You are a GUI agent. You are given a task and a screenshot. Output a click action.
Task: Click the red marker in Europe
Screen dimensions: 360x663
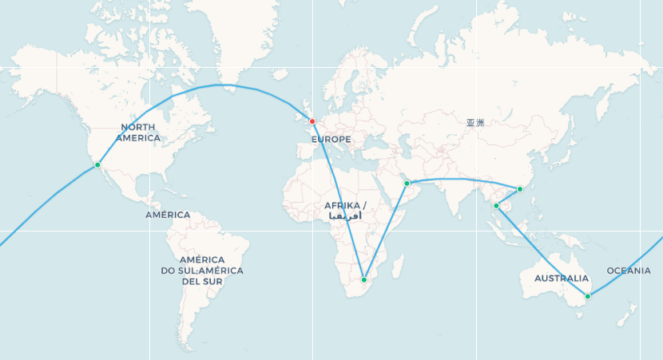pos(312,121)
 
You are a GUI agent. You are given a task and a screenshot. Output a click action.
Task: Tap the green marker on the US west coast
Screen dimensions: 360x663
pos(97,165)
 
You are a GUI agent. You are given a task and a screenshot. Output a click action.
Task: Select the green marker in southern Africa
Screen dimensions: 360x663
pos(364,280)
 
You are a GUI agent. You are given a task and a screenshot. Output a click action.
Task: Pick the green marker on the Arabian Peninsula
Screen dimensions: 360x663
pos(407,184)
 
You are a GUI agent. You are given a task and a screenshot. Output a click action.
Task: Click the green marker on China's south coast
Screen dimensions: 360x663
pos(520,189)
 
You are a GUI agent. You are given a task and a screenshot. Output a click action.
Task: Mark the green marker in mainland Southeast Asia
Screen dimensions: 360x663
pos(496,206)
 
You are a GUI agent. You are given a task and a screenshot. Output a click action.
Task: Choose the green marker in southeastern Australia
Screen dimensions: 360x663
pos(588,296)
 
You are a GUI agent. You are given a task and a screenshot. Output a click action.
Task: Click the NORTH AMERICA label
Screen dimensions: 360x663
pos(137,133)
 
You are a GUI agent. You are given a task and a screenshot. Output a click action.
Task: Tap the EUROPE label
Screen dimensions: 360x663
pos(331,140)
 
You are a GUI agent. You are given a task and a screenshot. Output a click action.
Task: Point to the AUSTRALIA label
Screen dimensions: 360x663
pos(562,279)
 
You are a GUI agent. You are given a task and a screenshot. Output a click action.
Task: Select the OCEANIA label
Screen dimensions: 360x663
pos(629,271)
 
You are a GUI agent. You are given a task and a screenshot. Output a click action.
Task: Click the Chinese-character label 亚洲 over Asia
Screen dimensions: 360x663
pos(475,123)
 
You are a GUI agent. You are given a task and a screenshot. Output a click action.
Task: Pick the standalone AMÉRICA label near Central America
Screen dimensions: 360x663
pos(168,215)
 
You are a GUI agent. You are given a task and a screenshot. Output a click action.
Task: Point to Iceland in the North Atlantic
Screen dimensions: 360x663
pos(279,73)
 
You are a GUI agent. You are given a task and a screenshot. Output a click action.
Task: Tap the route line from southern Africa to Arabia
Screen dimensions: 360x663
pos(385,232)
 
